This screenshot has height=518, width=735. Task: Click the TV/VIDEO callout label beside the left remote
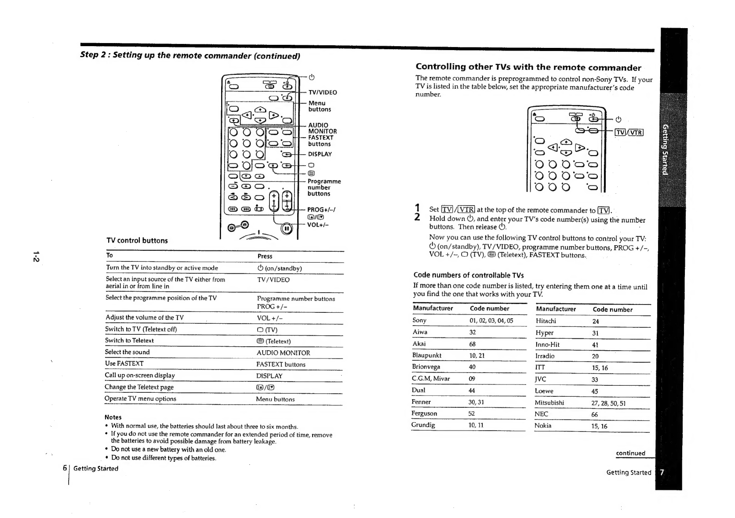(x=322, y=92)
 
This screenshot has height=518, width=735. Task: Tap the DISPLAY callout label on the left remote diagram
(x=320, y=154)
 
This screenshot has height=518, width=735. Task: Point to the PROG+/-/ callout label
(x=321, y=210)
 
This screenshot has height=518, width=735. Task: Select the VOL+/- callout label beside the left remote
(x=318, y=225)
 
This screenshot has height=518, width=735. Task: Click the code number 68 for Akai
(x=473, y=344)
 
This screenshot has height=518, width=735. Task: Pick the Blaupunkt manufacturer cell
(x=426, y=355)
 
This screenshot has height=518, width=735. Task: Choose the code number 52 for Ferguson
(x=472, y=413)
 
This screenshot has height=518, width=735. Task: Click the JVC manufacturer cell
(x=540, y=380)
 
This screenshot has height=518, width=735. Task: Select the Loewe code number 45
(x=595, y=391)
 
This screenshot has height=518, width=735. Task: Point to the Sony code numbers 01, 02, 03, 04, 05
(x=491, y=321)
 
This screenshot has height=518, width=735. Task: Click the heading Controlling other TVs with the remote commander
(x=528, y=67)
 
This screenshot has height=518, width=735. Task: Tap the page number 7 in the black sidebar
(x=662, y=472)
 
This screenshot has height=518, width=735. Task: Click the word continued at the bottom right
(x=630, y=453)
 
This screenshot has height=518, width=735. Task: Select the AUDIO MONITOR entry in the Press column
(x=283, y=353)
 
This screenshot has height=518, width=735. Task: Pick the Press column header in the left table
(x=265, y=256)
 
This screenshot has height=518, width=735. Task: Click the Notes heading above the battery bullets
(x=113, y=417)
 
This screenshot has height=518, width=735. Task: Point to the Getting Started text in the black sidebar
(x=665, y=149)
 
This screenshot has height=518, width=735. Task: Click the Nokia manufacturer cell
(x=543, y=426)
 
